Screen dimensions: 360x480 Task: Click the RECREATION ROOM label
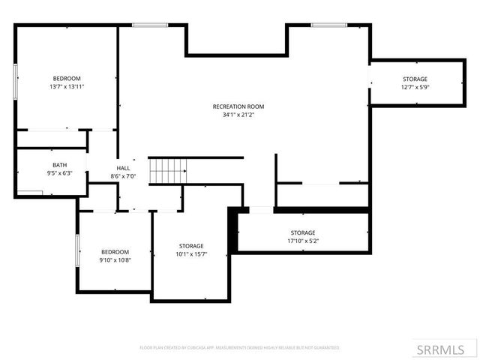tap(238, 106)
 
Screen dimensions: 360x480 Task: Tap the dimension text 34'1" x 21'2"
tap(238, 115)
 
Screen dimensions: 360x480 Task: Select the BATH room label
tap(59, 165)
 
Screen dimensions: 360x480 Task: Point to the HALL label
tap(123, 168)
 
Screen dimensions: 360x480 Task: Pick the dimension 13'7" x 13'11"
tap(67, 87)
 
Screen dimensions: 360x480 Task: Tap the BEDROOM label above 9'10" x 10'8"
tap(115, 252)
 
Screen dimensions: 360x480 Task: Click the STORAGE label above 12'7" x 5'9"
tap(415, 79)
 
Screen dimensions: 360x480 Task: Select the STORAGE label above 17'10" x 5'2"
tap(303, 232)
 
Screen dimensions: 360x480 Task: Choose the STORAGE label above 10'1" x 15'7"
tap(191, 246)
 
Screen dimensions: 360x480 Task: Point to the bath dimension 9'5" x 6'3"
tap(59, 173)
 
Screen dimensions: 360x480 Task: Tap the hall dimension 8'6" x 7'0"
tap(123, 176)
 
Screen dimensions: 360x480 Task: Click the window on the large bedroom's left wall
tap(16, 81)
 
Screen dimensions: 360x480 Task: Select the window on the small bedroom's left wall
tap(77, 250)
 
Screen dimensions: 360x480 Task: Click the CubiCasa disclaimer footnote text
tap(240, 348)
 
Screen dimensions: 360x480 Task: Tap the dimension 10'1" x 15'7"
tap(191, 254)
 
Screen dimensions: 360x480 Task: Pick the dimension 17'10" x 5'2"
tap(303, 241)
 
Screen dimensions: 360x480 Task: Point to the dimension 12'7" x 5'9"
tap(415, 87)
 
